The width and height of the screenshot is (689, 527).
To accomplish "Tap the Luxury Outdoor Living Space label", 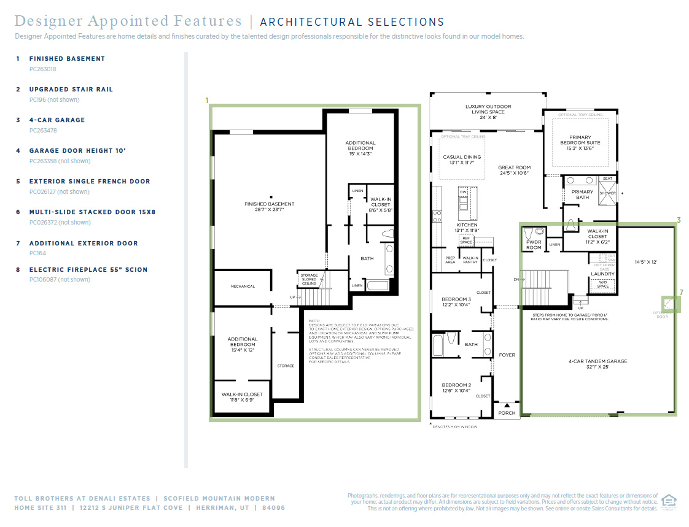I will click(488, 109).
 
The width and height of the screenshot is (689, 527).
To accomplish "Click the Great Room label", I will click(514, 170).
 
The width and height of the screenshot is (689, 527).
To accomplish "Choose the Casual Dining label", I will click(462, 160).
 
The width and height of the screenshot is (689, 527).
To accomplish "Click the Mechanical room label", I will click(243, 287).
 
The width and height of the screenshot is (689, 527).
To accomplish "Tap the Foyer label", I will click(507, 355).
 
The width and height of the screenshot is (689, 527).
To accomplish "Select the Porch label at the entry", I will click(507, 413).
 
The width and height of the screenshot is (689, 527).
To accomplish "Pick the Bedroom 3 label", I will click(456, 302).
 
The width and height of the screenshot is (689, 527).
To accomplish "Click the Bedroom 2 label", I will click(456, 388).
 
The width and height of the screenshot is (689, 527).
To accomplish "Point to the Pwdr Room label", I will click(534, 245).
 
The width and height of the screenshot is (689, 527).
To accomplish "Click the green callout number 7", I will click(680, 293).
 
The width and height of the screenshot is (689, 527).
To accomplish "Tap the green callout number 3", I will click(679, 220).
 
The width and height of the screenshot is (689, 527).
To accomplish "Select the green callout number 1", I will click(207, 100).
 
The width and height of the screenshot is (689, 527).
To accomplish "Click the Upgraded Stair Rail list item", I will click(71, 90).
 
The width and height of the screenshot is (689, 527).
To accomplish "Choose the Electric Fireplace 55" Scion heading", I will click(88, 270).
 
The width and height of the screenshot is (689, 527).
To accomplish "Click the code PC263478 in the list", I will click(43, 130).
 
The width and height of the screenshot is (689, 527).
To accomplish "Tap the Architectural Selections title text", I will click(352, 22).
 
